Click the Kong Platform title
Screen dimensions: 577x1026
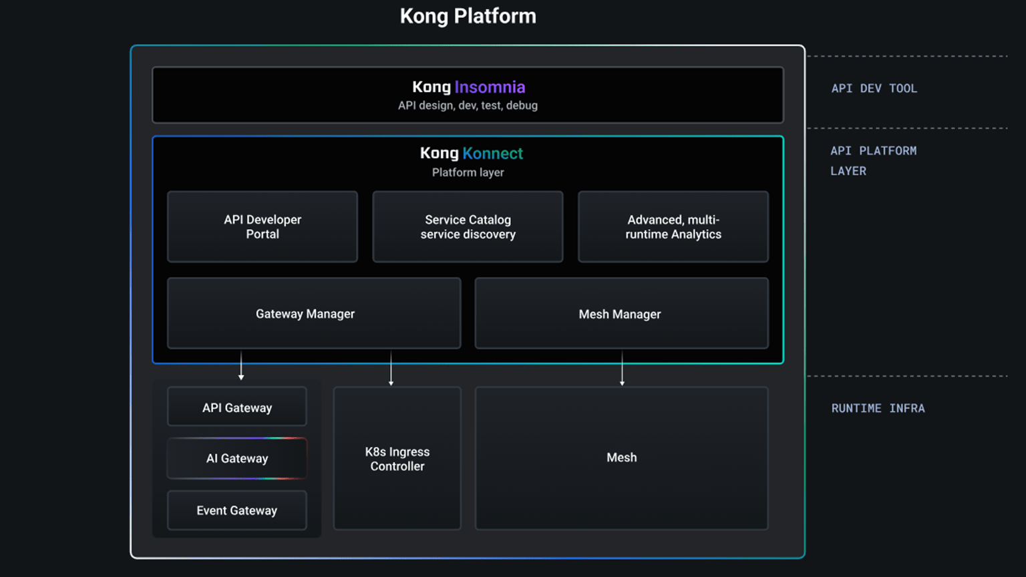[x=468, y=16]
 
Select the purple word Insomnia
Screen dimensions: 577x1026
[x=490, y=87]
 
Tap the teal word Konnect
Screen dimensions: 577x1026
[x=492, y=153]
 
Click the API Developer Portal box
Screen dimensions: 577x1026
[x=263, y=227]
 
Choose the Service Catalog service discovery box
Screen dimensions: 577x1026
[x=468, y=227]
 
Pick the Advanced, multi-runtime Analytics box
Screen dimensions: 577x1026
[x=673, y=227]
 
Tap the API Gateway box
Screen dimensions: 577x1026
[x=237, y=407]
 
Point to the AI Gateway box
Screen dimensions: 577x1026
[x=237, y=458]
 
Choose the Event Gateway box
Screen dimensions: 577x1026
[x=237, y=510]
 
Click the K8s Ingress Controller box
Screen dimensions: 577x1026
[x=397, y=459]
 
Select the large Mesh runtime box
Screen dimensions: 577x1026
[x=621, y=458]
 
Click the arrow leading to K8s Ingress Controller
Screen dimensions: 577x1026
[x=391, y=369]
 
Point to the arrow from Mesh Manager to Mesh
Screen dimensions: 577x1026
[x=622, y=369]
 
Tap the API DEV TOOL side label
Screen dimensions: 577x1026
[x=874, y=88]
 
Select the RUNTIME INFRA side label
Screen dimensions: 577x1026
[x=878, y=408]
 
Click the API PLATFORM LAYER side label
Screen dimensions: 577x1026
[x=873, y=160]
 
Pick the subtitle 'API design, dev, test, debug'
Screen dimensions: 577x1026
[x=468, y=106]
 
